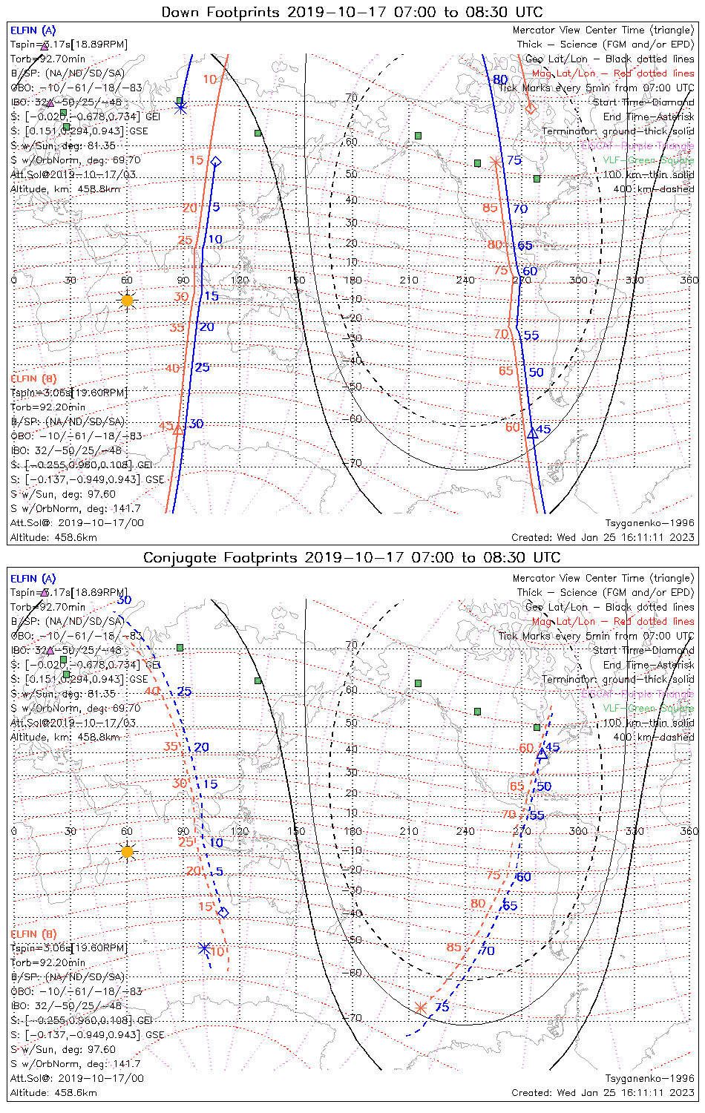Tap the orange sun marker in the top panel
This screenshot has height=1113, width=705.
127,300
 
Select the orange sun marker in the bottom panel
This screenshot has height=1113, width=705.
127,851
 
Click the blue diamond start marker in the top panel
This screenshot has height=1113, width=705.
215,161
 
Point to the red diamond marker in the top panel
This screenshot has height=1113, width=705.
530,109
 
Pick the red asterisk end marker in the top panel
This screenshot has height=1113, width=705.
495,162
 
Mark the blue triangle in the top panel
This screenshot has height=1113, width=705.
532,433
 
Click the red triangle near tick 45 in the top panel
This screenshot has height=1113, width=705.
178,430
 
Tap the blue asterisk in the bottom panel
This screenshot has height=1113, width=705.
204,948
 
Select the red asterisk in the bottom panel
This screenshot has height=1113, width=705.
421,1007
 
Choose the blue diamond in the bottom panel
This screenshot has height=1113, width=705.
223,913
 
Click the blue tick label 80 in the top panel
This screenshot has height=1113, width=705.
500,79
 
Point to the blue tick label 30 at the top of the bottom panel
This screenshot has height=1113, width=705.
124,600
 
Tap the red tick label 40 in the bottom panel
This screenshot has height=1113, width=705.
152,691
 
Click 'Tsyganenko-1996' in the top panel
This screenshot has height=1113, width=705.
649,523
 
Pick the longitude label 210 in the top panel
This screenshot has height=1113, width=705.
409,280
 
